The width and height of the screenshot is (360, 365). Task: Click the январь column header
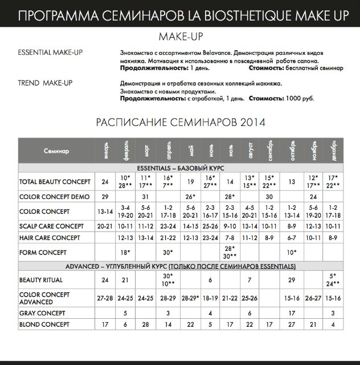pos(105,151)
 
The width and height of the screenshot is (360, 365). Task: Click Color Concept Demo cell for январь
pos(105,197)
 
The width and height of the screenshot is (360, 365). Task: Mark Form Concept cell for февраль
pos(125,252)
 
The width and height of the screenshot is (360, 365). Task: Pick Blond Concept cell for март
pos(146,325)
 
